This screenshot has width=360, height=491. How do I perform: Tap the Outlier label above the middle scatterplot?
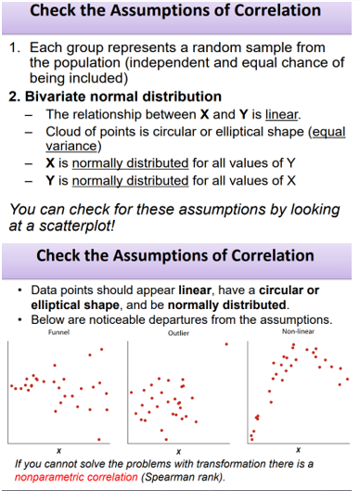coord(178,331)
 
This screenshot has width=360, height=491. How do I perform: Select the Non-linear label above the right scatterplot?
coord(297,330)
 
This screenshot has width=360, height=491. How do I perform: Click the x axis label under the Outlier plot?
coord(178,450)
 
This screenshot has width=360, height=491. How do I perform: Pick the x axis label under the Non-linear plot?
coord(298,449)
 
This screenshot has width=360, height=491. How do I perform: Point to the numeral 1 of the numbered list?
coord(15,46)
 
